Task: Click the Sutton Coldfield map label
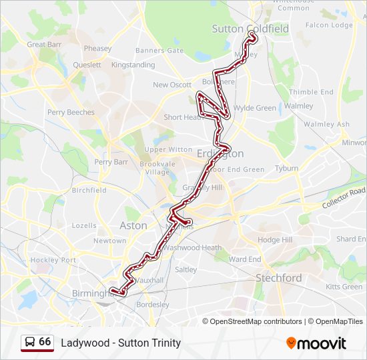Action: (x=250, y=29)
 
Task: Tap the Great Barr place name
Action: (x=45, y=45)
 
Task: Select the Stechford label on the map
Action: (x=279, y=277)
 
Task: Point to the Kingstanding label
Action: (x=133, y=65)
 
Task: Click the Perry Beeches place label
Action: (x=71, y=113)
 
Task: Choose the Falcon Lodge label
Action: (x=329, y=25)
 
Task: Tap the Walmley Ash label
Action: (x=326, y=125)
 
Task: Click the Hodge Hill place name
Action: (x=275, y=240)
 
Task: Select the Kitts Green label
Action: (x=344, y=287)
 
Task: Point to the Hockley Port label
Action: (x=53, y=260)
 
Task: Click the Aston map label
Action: (x=133, y=225)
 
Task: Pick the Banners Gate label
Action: (x=159, y=51)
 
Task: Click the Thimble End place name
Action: (x=311, y=92)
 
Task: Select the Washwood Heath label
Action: (x=193, y=248)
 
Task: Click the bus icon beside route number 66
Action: (x=30, y=342)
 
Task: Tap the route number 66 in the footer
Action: (x=45, y=342)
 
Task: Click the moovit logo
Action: (x=316, y=343)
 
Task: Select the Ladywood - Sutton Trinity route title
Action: (x=121, y=343)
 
